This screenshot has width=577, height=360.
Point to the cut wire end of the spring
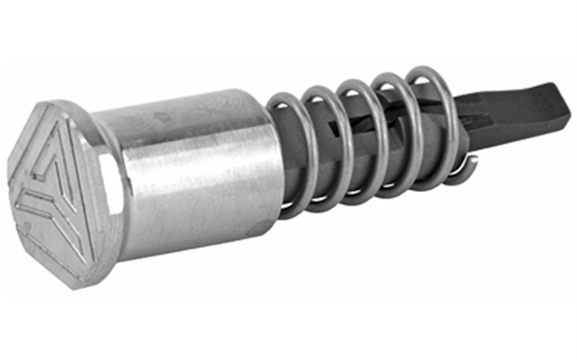pyautogui.click(x=472, y=166)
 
